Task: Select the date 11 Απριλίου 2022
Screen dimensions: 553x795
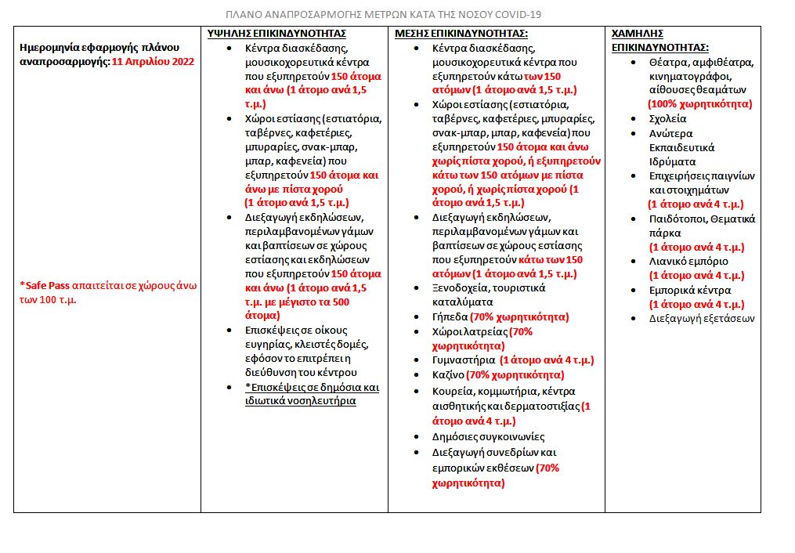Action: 153,61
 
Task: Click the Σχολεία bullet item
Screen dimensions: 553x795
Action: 667,119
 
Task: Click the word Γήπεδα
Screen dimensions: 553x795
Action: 450,317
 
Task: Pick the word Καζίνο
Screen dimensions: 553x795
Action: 448,374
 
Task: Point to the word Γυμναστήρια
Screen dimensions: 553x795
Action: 463,360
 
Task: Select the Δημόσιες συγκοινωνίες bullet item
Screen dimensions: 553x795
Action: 488,436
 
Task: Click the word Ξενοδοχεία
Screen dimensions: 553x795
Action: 462,287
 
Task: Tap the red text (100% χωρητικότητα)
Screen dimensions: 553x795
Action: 699,103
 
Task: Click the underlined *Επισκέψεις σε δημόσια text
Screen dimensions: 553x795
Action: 312,387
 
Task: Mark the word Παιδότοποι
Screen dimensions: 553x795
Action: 677,219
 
